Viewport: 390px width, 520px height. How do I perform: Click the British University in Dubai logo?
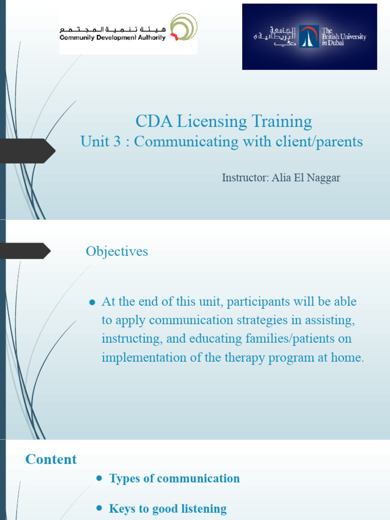coord(309,37)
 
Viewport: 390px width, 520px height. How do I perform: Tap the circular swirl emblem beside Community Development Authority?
coord(183,28)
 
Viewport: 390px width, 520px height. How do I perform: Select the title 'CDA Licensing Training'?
coord(223,121)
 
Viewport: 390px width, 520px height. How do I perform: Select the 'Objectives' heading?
coord(117,251)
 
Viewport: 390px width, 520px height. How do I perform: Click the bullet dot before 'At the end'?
coord(92,302)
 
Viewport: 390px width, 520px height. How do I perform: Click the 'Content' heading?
coord(51,460)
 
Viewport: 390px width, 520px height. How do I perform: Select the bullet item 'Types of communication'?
coord(174,478)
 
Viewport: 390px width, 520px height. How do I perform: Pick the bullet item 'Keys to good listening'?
coord(168,508)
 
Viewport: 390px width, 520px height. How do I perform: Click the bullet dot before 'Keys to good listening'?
coord(99,508)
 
